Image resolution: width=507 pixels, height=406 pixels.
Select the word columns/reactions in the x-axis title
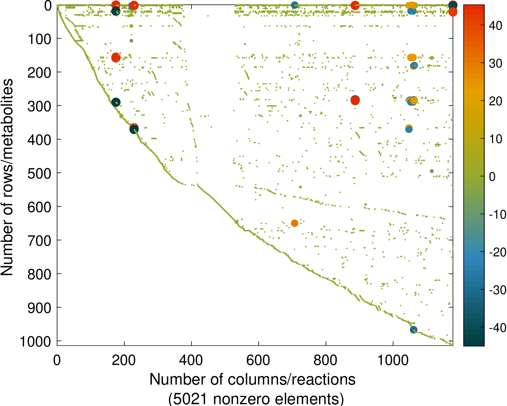291,380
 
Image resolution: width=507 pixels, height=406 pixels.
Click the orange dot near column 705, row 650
294,223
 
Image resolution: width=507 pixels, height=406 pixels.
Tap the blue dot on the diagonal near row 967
413,330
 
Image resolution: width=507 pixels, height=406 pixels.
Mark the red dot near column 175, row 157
116,57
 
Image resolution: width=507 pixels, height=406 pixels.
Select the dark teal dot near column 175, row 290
116,102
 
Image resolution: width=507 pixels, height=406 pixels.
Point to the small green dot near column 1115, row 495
432,171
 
